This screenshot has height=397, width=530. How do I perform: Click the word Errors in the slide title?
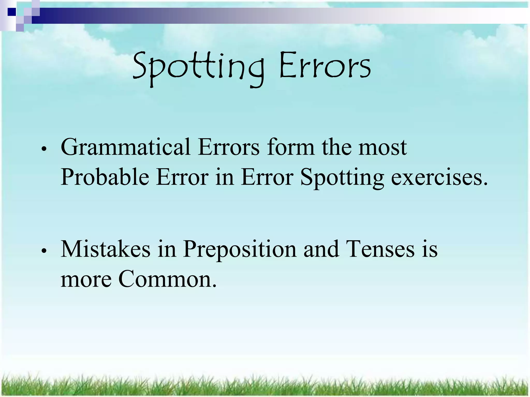pos(325,66)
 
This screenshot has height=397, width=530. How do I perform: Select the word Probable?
pos(105,178)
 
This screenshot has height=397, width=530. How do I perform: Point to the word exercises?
pos(439,178)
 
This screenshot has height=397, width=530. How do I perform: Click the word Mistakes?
pos(105,249)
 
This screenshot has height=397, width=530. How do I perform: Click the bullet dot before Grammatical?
pos(45,149)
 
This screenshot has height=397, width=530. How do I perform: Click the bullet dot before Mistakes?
pos(45,251)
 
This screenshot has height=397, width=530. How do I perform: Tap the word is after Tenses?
pos(430,249)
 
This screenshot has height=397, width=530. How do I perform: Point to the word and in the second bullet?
pos(321,249)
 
